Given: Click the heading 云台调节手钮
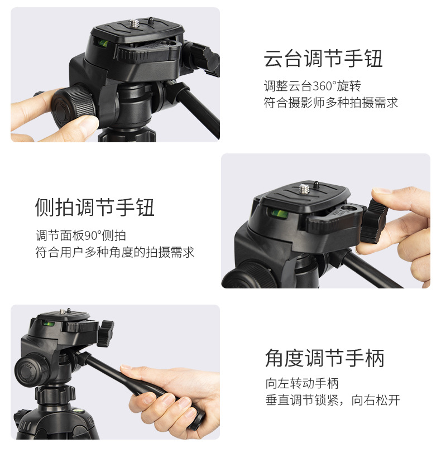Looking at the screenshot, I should pos(323,59).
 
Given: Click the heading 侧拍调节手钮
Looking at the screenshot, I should pos(95,207).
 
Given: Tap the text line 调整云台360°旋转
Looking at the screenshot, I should pos(312,86).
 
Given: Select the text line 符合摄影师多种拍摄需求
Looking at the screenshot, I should pos(330,103).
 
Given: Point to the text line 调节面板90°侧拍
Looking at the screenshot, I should pos(80,235).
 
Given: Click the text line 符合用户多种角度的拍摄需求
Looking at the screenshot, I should pos(114,252).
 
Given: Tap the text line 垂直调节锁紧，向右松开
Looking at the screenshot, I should pos(332,401).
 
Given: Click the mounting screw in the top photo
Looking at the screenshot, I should pos(135,23).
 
